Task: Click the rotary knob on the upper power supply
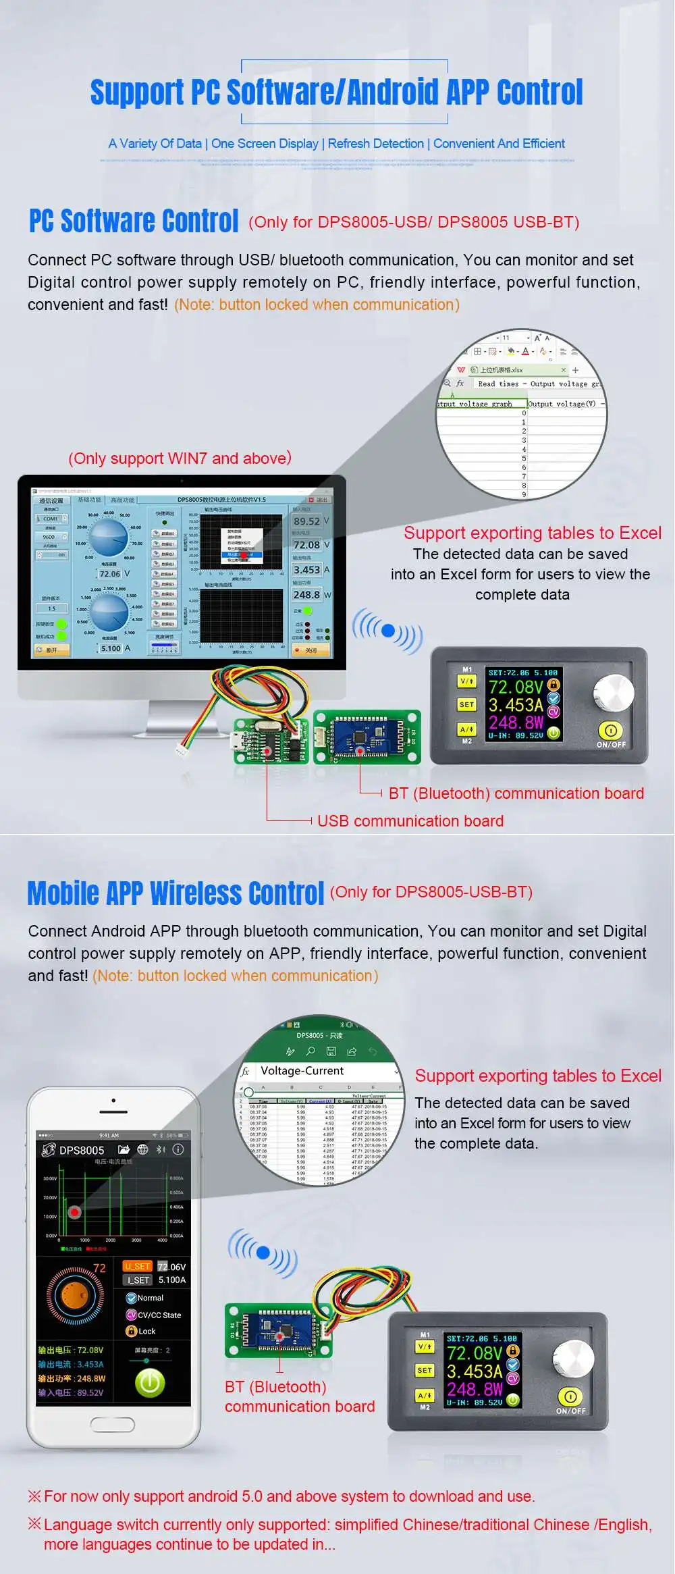click(614, 692)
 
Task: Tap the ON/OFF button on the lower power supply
click(570, 1396)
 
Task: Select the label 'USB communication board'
click(410, 821)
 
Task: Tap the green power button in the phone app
click(150, 1384)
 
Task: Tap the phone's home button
click(113, 1425)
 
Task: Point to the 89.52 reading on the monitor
click(306, 521)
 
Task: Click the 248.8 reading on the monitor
click(306, 595)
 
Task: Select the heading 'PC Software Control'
click(134, 221)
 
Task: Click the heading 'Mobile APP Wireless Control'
click(175, 893)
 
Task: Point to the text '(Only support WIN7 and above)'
click(180, 458)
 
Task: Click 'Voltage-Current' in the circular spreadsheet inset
click(302, 1071)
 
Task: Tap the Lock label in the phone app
click(146, 1331)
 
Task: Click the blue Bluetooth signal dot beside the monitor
click(388, 631)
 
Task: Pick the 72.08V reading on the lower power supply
click(475, 1353)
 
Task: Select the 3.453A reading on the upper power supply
click(516, 705)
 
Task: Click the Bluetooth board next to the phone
click(278, 1330)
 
